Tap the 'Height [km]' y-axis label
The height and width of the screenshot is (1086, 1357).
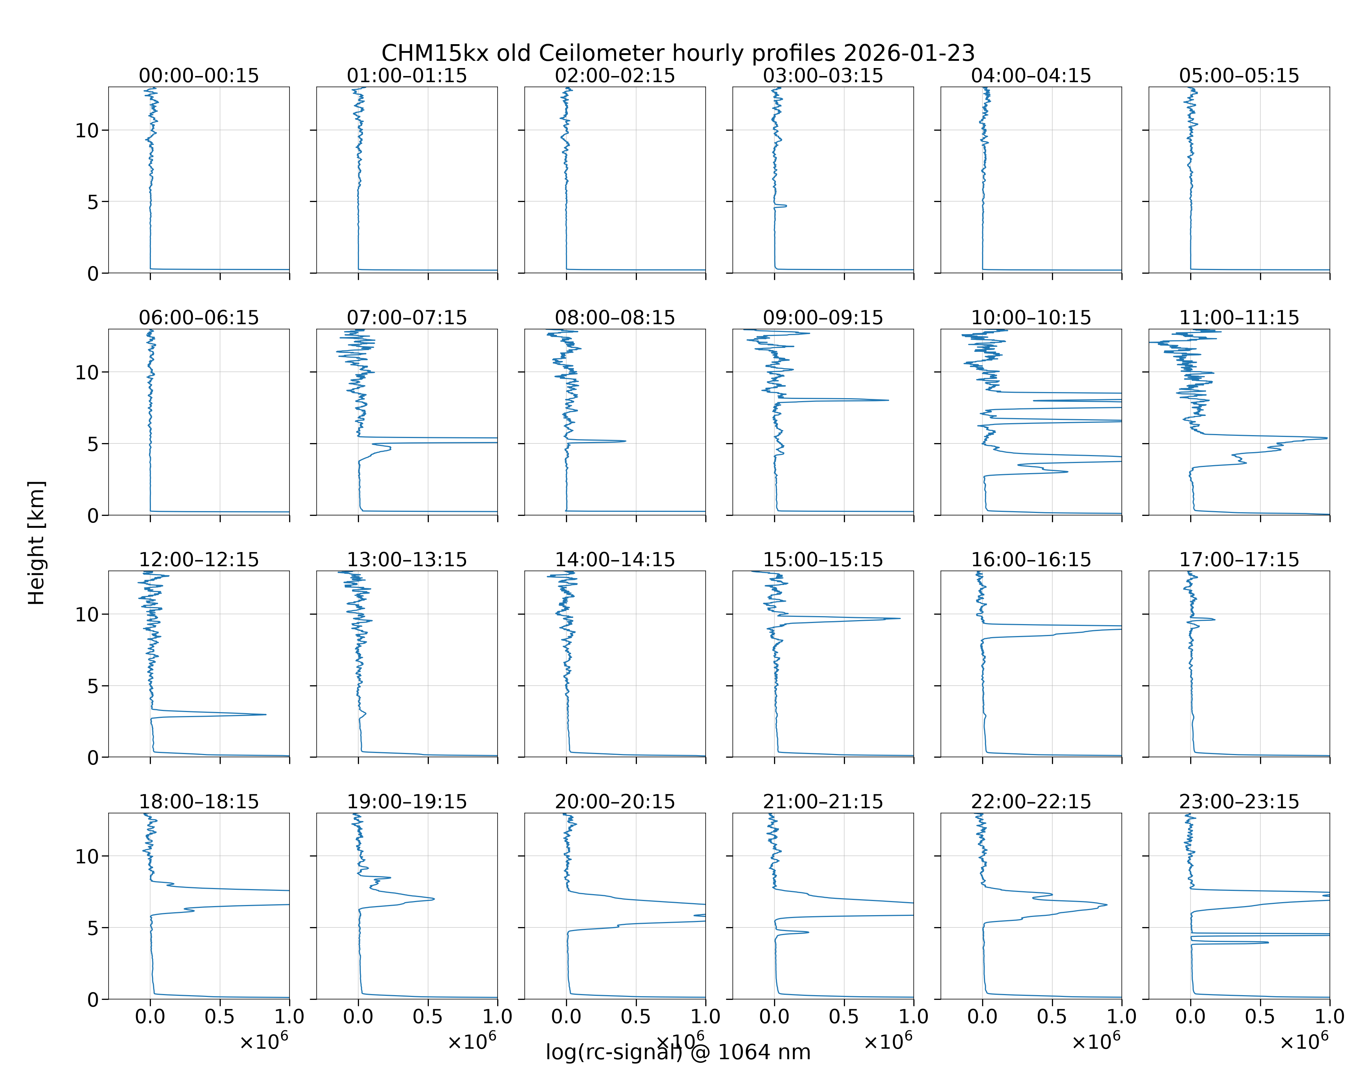[37, 543]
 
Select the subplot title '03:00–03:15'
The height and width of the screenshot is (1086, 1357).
[823, 76]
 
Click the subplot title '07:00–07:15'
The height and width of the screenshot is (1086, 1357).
[407, 317]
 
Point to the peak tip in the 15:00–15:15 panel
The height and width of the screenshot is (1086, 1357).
[900, 618]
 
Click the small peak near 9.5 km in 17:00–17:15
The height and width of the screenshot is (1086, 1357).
[1214, 619]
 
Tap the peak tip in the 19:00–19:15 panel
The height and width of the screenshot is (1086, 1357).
[434, 898]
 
